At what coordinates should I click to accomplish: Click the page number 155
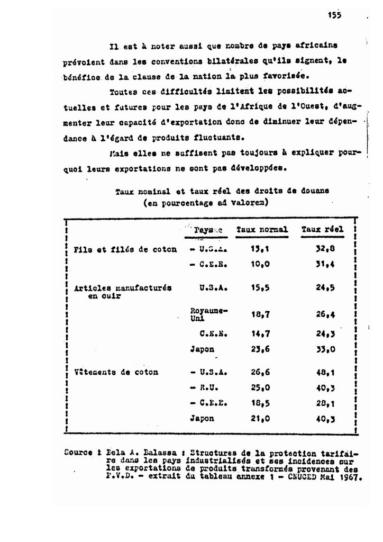tap(334, 15)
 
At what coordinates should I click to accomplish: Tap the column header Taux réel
tap(323, 230)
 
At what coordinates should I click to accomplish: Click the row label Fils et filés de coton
tap(125, 249)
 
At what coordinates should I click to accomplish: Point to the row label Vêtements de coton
tap(116, 372)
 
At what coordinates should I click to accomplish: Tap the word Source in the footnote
tap(76, 454)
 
